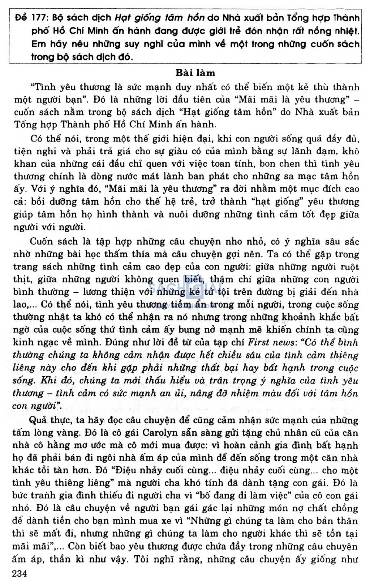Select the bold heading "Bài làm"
pyautogui.click(x=195, y=73)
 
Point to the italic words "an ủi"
pyautogui.click(x=182, y=393)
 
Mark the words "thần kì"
pyautogui.click(x=60, y=559)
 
